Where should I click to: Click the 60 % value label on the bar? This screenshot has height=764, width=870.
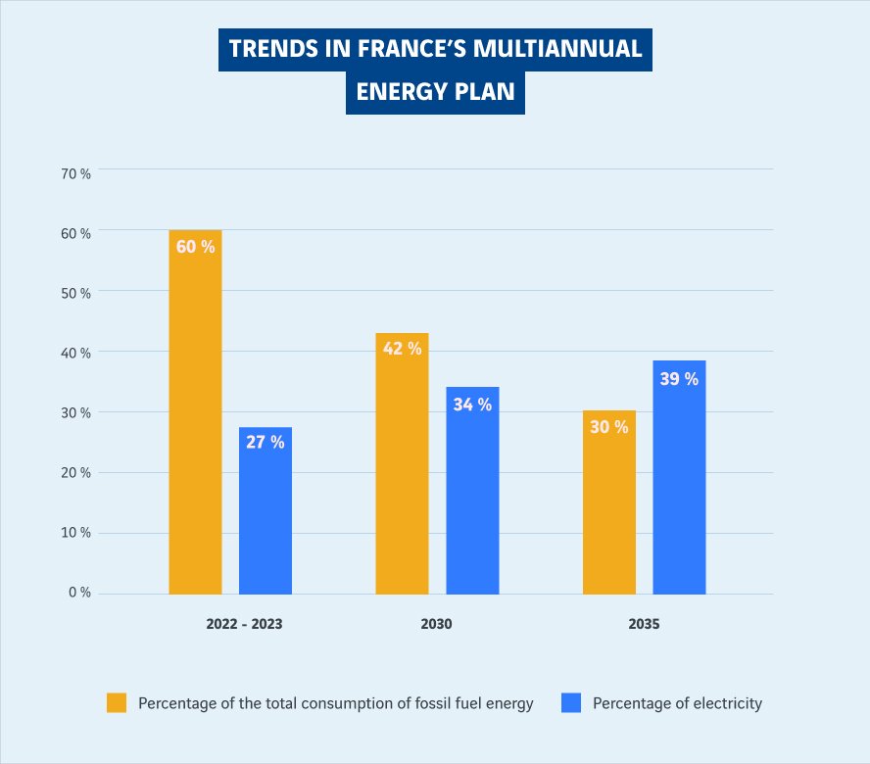195,247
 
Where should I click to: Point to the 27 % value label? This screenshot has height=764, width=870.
266,442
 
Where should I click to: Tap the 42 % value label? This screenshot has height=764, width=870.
402,348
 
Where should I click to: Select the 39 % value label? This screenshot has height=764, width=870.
679,378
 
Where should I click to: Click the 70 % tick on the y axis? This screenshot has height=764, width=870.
75,173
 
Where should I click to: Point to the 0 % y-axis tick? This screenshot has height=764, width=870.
79,593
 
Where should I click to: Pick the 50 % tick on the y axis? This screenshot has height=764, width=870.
75,293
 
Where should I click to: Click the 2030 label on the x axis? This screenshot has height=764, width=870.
437,624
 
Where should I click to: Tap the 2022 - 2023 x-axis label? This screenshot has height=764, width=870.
244,624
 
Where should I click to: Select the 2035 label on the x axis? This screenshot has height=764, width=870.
644,624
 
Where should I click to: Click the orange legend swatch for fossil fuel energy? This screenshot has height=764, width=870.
117,702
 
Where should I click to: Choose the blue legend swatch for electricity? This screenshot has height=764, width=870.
571,702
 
